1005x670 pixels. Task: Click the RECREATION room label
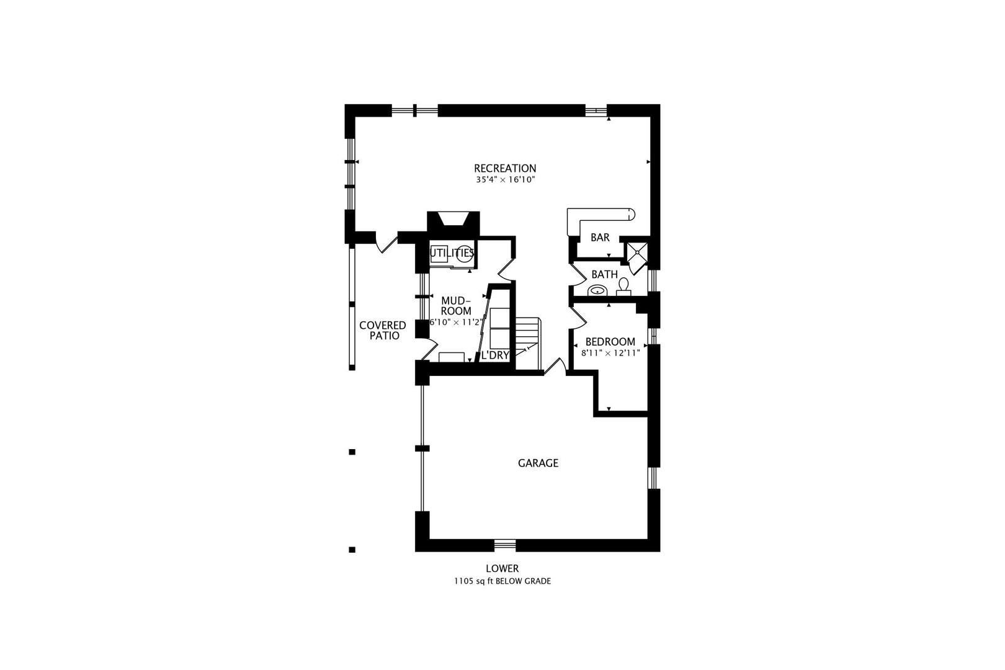click(505, 168)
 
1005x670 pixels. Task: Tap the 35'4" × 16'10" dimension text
click(505, 180)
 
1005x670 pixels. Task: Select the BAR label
click(600, 238)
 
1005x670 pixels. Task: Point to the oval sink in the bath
click(597, 290)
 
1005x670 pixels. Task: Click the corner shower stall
click(637, 254)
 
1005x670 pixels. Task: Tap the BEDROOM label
click(610, 342)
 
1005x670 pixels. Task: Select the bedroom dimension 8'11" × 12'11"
click(610, 352)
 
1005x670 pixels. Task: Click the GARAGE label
click(538, 463)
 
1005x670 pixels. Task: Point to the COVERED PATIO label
click(383, 331)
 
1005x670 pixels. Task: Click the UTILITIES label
click(452, 253)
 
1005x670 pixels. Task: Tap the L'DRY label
click(496, 355)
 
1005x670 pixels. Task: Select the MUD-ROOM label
click(456, 306)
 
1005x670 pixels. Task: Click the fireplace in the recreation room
click(453, 221)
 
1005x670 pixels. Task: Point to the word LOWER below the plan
click(502, 568)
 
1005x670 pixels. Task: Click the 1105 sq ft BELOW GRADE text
click(502, 581)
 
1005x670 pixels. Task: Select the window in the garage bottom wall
click(505, 545)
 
